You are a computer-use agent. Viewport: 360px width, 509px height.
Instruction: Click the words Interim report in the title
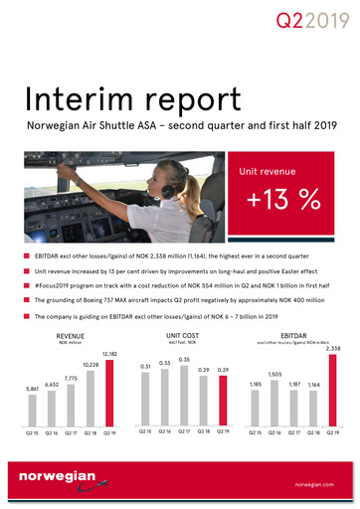pyautogui.click(x=133, y=100)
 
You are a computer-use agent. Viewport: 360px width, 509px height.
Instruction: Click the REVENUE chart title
pyautogui.click(x=71, y=336)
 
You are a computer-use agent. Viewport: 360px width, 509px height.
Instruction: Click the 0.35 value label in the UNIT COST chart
pyautogui.click(x=184, y=359)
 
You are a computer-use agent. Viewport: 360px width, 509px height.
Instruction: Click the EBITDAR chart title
pyautogui.click(x=293, y=336)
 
